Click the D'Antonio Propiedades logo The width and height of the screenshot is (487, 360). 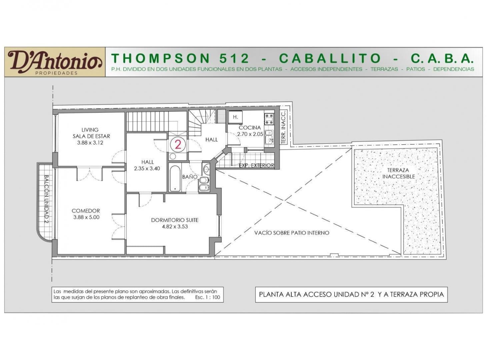tap(55, 62)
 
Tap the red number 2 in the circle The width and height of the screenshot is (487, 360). tap(178, 145)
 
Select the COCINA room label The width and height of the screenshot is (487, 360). tap(250, 128)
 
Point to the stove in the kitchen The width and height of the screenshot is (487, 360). tap(269, 119)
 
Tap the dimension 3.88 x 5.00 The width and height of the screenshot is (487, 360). tap(86, 217)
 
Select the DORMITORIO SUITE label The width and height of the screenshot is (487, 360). tap(175, 220)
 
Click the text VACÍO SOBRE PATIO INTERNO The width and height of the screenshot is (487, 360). tap(292, 233)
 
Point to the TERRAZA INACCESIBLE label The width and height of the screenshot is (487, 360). tap(398, 173)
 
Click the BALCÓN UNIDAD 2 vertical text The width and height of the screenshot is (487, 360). tap(47, 199)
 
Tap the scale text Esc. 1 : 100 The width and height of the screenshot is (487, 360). tap(207, 297)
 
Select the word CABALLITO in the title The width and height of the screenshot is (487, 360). tap(330, 58)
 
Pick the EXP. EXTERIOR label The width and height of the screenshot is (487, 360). tap(256, 165)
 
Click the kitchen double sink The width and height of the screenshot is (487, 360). tap(269, 137)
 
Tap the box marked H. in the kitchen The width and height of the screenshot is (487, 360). tap(235, 117)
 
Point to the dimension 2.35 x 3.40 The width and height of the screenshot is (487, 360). tap(147, 169)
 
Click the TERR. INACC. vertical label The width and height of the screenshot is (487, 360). tap(283, 127)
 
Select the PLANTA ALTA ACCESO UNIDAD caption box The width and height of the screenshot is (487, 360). tap(351, 295)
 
